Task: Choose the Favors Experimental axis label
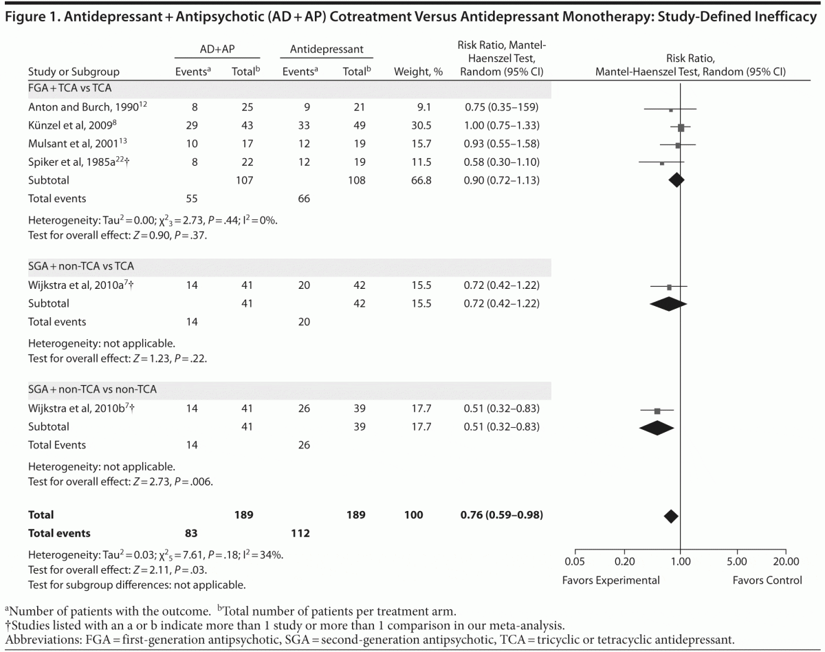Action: (610, 580)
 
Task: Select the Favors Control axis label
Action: (767, 580)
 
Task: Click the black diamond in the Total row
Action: (671, 516)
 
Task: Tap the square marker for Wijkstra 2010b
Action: (657, 411)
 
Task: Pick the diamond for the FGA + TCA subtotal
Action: (676, 180)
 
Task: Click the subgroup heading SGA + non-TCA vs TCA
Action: (85, 266)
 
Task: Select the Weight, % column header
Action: (417, 72)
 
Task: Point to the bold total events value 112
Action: (300, 533)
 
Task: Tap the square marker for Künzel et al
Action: (681, 127)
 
